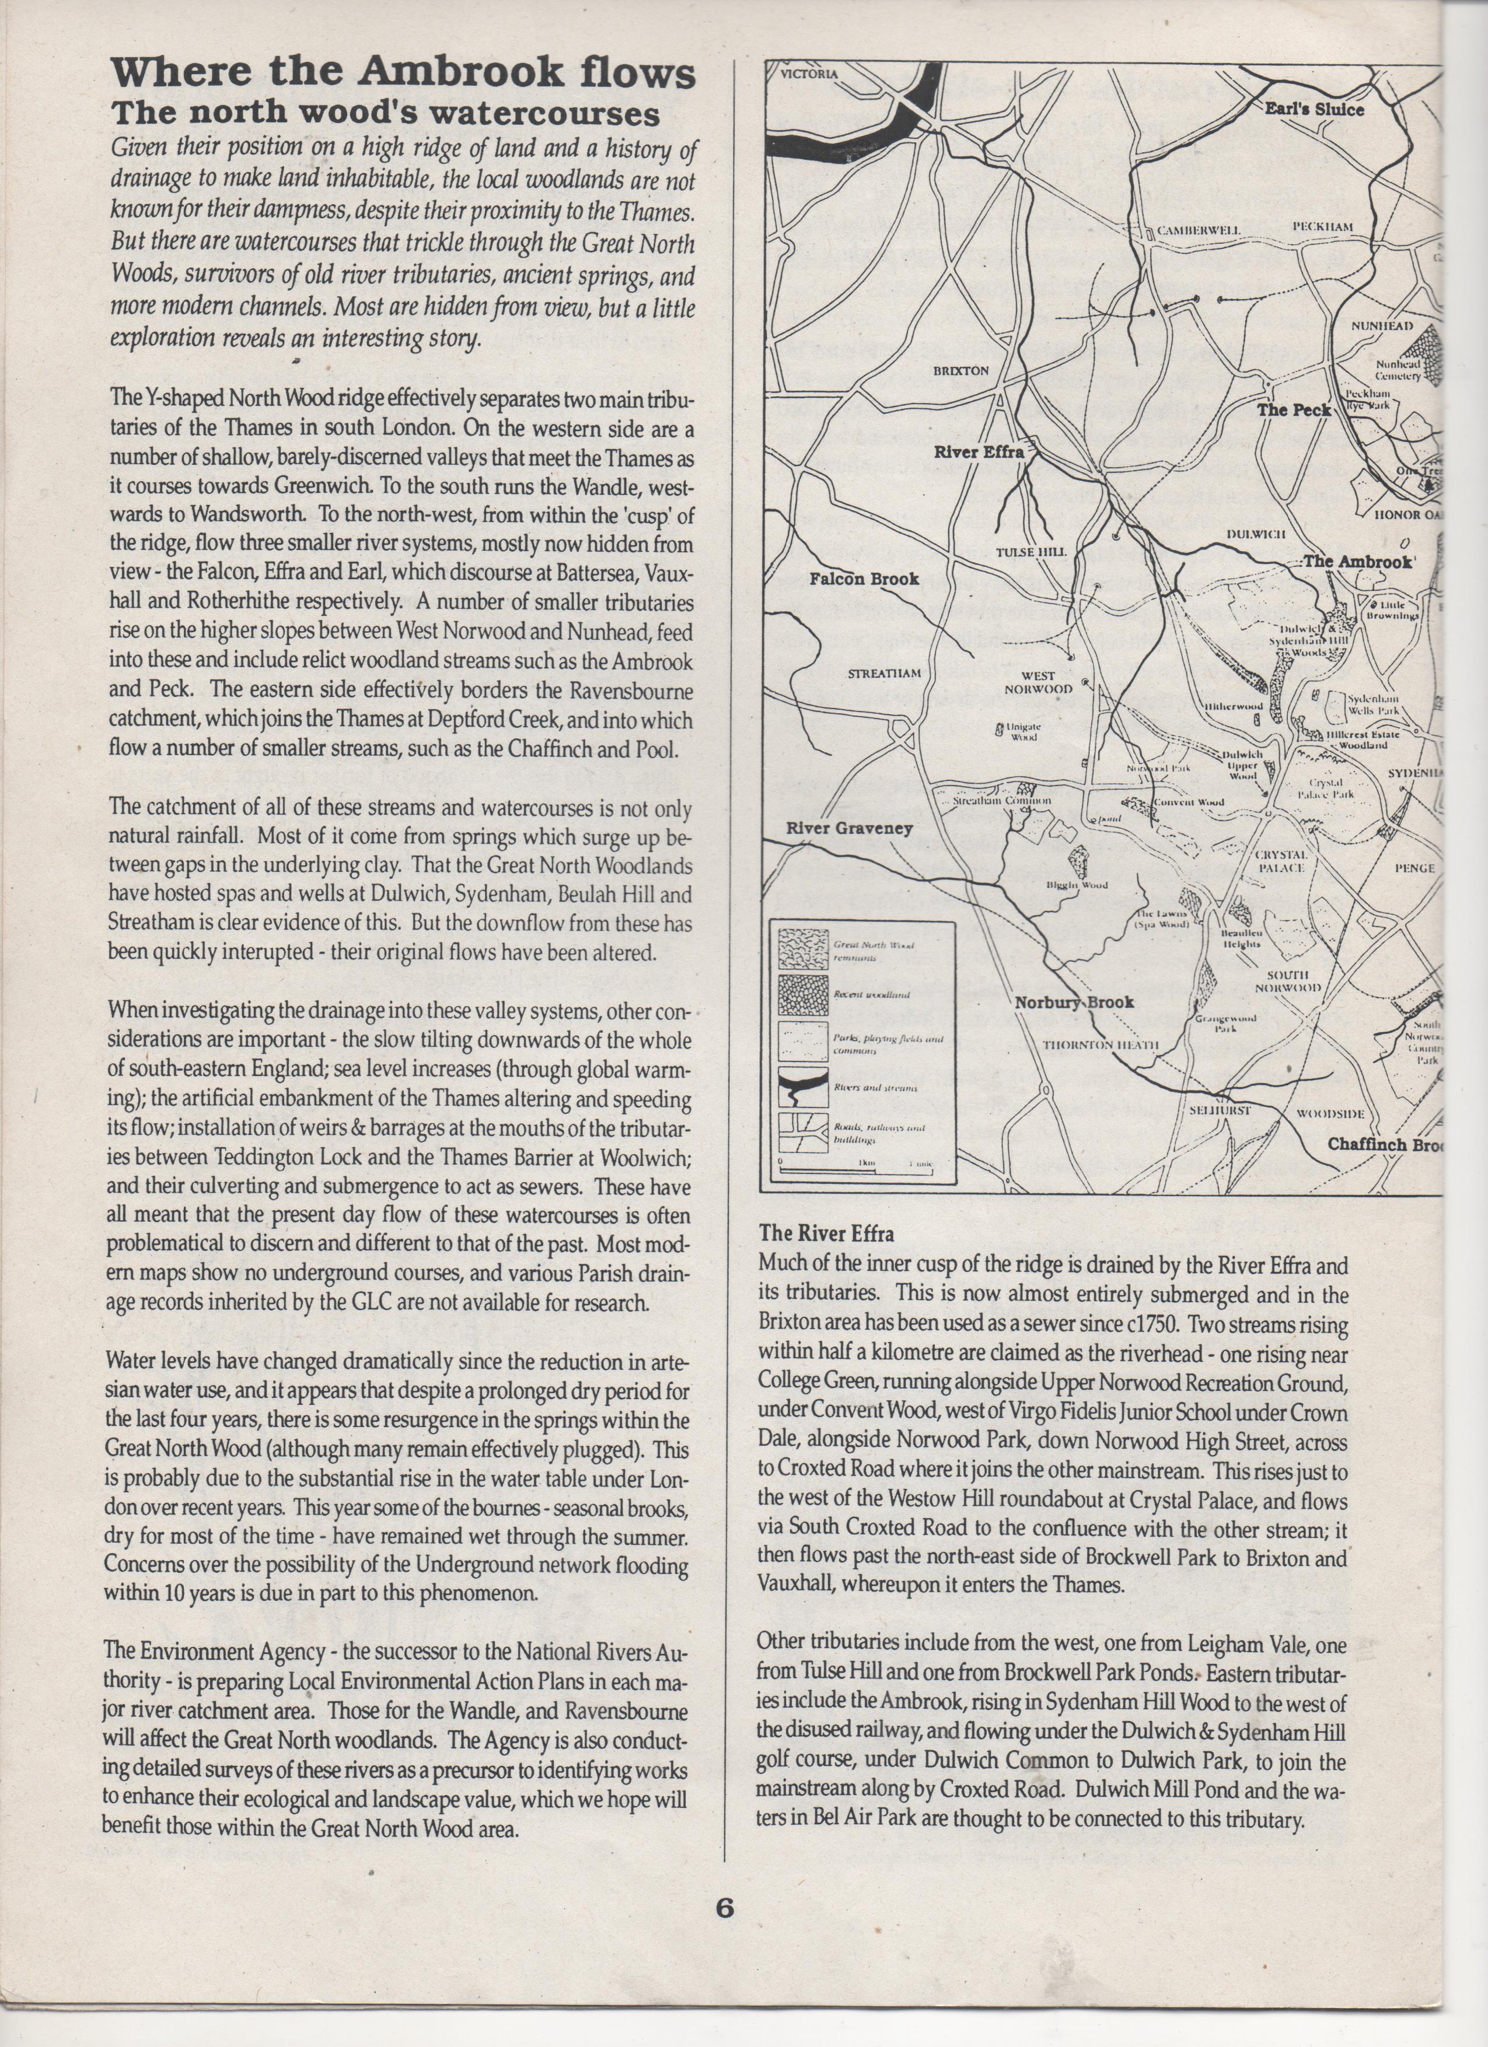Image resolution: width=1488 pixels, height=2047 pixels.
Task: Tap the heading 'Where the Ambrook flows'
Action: (x=403, y=73)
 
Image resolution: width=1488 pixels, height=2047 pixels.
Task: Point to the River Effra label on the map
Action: (x=979, y=451)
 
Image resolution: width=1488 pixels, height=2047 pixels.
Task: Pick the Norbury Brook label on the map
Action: (x=1074, y=1002)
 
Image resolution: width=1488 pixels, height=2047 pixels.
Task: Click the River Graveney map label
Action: (x=848, y=828)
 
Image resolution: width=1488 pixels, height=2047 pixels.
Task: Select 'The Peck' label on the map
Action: (x=1293, y=410)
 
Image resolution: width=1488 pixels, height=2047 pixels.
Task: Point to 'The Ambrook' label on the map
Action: (x=1356, y=562)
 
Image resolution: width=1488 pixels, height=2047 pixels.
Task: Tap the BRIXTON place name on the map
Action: (x=960, y=371)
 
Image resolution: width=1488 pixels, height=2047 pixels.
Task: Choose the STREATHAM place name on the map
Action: (x=884, y=674)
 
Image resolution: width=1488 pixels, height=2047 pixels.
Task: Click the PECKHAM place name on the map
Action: (x=1323, y=226)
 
